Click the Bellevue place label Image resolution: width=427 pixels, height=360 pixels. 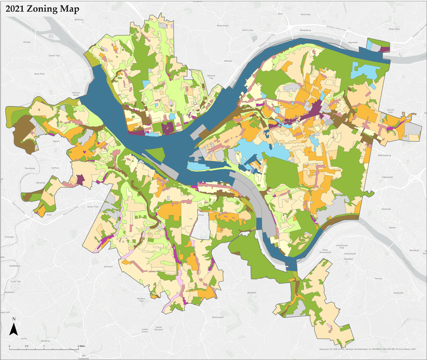tap(79, 20)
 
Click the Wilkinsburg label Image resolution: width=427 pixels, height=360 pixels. tap(387, 155)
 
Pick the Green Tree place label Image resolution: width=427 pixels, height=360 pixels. tap(93, 207)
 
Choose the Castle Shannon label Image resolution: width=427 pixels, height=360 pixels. tap(158, 328)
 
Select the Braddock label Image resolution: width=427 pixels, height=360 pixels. tap(414, 250)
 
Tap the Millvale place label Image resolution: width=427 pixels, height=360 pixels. tap(228, 61)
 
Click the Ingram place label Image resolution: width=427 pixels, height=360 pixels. tap(56, 140)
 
